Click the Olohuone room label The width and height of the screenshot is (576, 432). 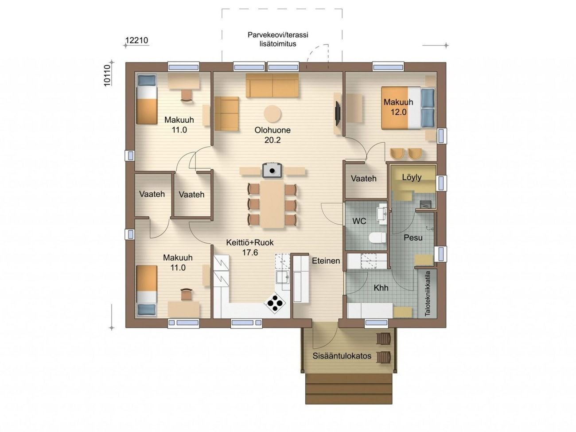(272, 130)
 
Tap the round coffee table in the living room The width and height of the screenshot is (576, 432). (272, 114)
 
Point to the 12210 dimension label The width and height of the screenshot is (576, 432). (136, 40)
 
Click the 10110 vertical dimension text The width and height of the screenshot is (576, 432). (107, 75)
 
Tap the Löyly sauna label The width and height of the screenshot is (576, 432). (412, 177)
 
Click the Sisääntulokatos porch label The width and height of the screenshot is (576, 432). (342, 356)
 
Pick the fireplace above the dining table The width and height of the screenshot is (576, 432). (272, 170)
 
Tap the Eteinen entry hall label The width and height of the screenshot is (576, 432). (326, 261)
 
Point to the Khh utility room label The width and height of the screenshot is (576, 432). (381, 288)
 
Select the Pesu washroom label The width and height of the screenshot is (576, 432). (413, 237)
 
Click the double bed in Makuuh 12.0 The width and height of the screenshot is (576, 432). (408, 108)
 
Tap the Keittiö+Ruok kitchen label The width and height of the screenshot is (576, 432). (250, 242)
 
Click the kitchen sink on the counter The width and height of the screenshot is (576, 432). (283, 277)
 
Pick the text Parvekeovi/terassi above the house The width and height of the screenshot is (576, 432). (278, 35)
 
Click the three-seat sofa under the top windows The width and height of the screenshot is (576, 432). (272, 85)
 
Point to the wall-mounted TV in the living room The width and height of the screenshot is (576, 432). (338, 114)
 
